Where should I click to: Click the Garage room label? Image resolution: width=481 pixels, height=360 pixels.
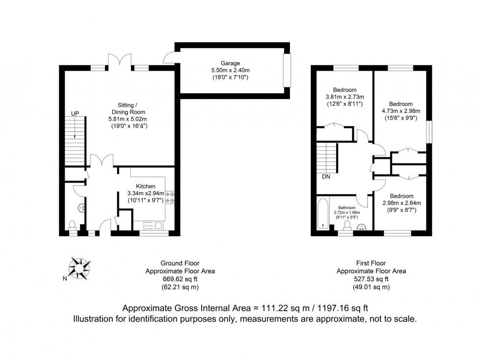click(x=230, y=63)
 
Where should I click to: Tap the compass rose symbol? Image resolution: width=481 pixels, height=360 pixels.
click(x=79, y=269)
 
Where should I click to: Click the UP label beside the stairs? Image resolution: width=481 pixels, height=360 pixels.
click(x=75, y=113)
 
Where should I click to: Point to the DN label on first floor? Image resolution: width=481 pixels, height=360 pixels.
click(x=326, y=177)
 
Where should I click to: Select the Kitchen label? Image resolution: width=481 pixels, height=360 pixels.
click(x=146, y=186)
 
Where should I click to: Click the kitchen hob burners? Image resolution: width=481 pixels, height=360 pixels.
click(x=170, y=197)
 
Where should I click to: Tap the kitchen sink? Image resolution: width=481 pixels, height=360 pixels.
click(x=154, y=226)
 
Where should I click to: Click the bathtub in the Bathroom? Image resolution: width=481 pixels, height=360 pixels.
click(x=323, y=214)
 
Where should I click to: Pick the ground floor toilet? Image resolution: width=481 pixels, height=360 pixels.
click(x=73, y=225)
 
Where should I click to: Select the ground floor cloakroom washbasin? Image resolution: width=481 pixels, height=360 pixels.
click(x=82, y=208)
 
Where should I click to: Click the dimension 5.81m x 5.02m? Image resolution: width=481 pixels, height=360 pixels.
click(x=128, y=119)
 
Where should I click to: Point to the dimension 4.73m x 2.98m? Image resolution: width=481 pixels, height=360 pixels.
click(x=401, y=111)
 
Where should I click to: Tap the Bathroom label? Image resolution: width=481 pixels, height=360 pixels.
click(x=347, y=207)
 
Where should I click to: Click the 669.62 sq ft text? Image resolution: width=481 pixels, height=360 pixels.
click(x=180, y=279)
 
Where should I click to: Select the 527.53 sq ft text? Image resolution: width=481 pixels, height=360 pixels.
click(x=371, y=279)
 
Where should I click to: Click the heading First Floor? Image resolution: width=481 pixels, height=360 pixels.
click(x=371, y=263)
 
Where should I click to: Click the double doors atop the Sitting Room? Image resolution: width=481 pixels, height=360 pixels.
click(x=120, y=60)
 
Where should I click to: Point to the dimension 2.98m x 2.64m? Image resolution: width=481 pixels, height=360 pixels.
click(x=402, y=203)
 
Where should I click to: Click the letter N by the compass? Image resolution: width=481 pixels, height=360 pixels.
click(x=65, y=279)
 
